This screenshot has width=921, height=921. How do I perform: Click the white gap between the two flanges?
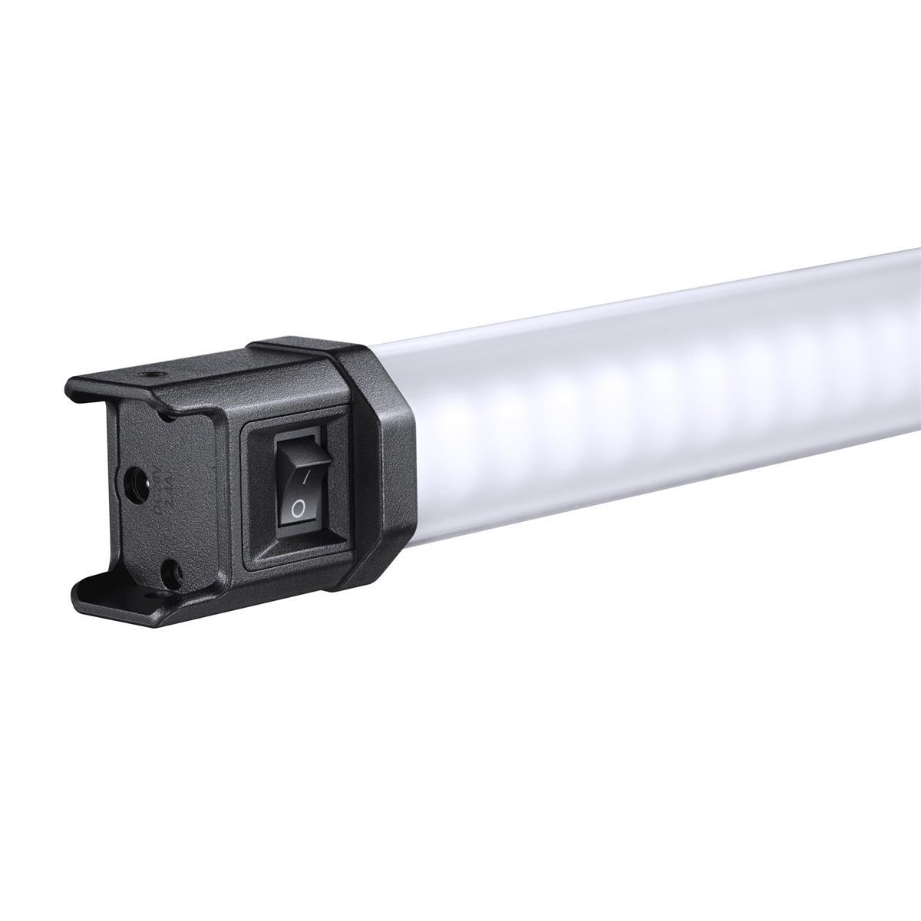click(x=84, y=491)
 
